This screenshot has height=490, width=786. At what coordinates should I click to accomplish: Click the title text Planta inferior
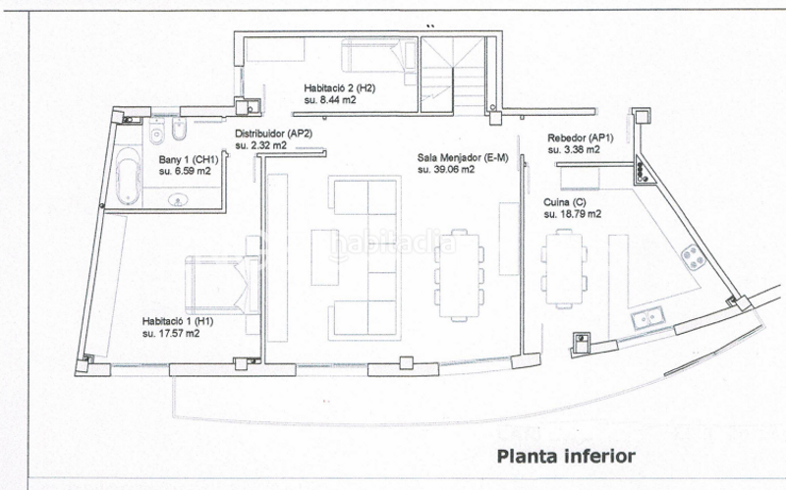tap(567, 456)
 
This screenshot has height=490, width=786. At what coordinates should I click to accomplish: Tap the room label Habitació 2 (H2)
tap(339, 87)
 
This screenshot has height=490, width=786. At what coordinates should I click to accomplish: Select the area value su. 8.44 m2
tap(330, 100)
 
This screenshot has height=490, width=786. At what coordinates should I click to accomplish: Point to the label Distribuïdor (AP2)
tap(273, 134)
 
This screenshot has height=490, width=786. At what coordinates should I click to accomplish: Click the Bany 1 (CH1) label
tap(188, 159)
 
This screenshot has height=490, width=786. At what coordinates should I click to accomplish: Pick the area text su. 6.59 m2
tap(185, 171)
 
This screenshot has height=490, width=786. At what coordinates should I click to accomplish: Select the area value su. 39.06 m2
tap(446, 169)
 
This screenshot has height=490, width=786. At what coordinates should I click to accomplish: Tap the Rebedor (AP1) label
tap(580, 138)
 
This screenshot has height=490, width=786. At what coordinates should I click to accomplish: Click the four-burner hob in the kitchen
tap(694, 257)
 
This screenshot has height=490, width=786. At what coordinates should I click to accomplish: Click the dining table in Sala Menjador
tap(458, 269)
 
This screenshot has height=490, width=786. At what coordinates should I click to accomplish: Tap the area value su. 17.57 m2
tap(172, 333)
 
